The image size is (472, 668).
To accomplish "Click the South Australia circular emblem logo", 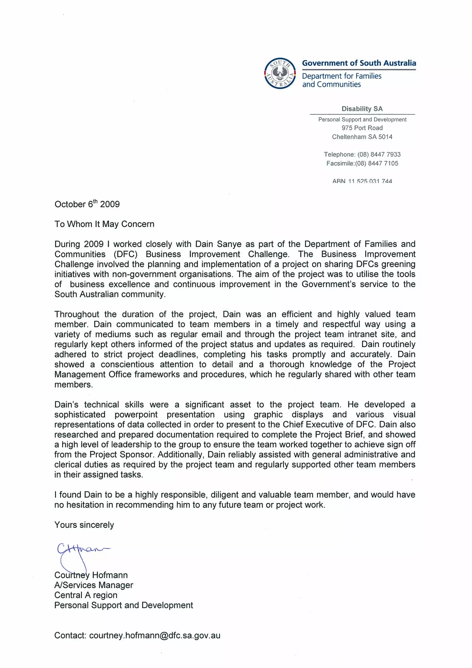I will pos(280,73).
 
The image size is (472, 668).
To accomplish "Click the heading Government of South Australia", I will pos(359,63).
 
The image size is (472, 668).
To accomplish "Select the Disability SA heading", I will pos(362,109).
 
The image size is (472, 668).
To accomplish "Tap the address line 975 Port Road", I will pos(362,128).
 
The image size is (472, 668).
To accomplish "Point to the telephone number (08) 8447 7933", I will pos(379,154).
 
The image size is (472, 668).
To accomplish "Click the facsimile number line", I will pos(362,163).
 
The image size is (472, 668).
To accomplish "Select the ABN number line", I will pos(362,181).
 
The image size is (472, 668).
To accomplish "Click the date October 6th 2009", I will pos(87,204).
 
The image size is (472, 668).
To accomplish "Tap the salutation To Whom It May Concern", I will pos(104,224).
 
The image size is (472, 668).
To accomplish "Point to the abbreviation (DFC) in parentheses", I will pos(126,254).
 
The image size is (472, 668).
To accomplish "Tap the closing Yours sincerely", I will pos(84,525).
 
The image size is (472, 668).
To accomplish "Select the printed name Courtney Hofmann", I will pos(91,575).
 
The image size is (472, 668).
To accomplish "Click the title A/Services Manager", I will pos(94,585).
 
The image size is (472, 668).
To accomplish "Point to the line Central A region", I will pos(86,595).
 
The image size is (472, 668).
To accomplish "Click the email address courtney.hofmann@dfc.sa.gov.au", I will pos(154,635).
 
